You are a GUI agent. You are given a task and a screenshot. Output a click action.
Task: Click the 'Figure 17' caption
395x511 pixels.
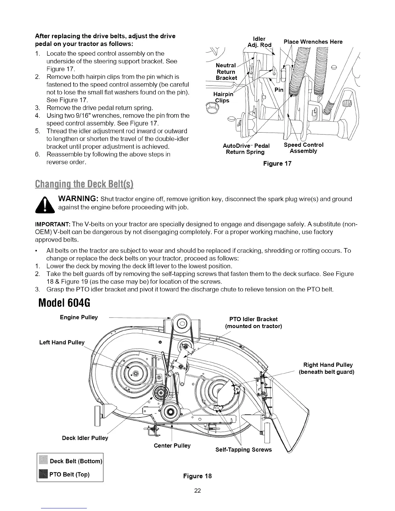tap(277, 164)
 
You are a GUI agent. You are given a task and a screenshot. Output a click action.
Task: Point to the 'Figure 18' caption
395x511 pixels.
tap(197, 476)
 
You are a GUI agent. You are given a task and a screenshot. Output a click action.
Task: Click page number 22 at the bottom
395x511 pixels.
tap(197, 491)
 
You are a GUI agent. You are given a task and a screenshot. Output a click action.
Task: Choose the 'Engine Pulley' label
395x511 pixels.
tap(79, 317)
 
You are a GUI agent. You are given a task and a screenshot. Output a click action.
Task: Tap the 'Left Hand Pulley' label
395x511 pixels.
tap(62, 342)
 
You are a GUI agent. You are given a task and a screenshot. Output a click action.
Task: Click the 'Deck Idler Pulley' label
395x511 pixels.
tap(85, 438)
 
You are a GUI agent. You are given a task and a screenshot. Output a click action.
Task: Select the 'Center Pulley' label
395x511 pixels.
tap(172, 446)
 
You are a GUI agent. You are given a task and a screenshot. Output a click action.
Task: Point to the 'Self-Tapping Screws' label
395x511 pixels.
tap(243, 450)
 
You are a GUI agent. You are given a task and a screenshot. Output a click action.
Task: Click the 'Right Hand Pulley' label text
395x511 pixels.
tap(328, 365)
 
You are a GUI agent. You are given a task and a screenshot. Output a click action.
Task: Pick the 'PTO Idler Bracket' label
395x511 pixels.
tap(253, 319)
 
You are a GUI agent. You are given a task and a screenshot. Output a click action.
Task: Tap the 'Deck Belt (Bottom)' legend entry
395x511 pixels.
tap(76, 461)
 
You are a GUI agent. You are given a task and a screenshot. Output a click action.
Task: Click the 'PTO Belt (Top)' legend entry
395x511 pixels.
tap(69, 474)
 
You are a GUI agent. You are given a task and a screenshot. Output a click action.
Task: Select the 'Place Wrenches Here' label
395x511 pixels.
tap(313, 42)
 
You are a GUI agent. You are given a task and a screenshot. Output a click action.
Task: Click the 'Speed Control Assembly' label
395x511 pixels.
tap(303, 148)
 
